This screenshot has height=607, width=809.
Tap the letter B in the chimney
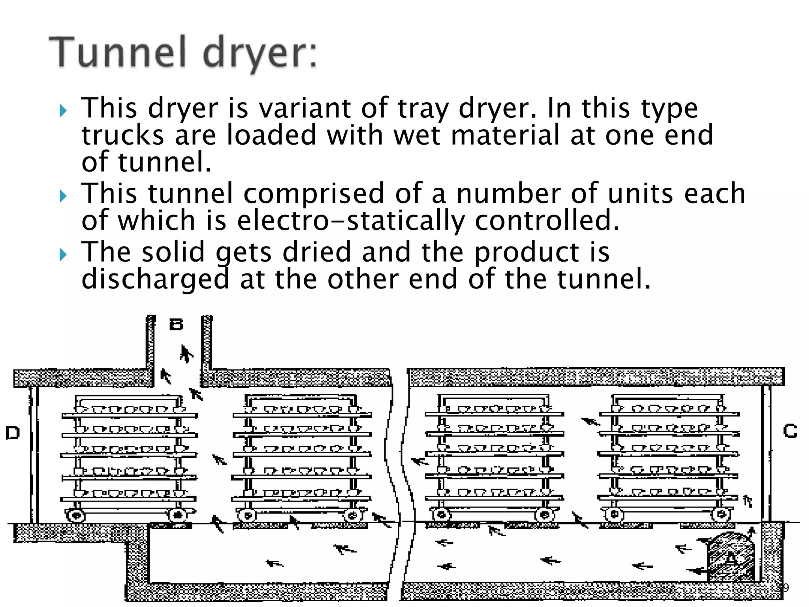[x=176, y=325]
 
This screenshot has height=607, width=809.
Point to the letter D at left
[x=13, y=433]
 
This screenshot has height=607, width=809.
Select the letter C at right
[x=790, y=431]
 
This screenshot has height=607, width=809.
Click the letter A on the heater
[x=731, y=559]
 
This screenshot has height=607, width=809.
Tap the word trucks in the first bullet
[x=123, y=135]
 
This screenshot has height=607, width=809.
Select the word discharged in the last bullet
[x=155, y=279]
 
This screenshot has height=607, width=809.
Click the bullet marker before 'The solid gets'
[x=63, y=255]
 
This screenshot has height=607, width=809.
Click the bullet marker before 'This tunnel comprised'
[x=63, y=196]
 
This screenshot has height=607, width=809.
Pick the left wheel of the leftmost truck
[x=76, y=515]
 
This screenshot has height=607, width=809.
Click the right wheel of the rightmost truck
[x=721, y=515]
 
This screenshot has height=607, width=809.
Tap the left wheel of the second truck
[x=247, y=515]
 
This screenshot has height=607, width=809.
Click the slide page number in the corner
[x=786, y=588]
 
